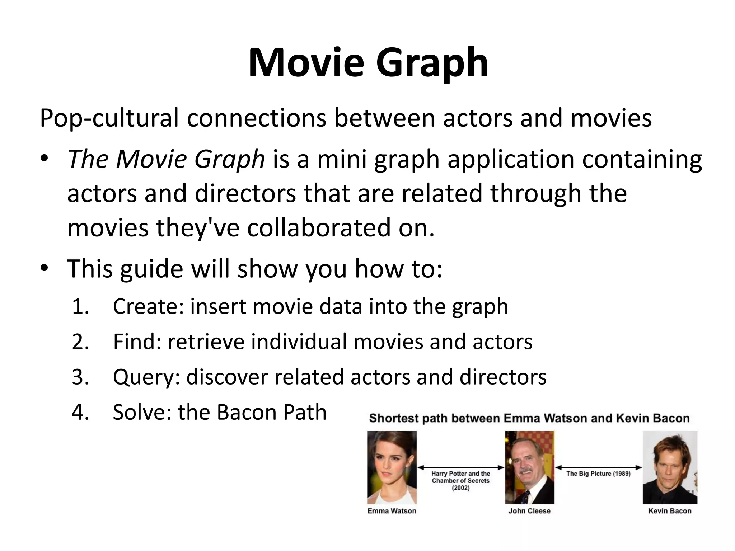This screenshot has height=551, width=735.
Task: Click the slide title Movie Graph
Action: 368,62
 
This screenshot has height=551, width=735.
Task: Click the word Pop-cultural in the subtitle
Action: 109,118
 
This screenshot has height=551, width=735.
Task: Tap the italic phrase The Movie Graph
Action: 166,159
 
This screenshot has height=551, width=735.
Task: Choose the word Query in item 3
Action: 146,377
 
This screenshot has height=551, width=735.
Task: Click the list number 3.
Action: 80,377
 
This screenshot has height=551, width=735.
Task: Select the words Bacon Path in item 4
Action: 272,412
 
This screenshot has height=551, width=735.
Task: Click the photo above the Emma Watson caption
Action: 392,467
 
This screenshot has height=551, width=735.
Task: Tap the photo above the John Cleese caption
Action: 529,467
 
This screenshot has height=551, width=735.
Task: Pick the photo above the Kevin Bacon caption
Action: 670,467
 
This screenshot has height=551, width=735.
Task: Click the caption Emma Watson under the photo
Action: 392,511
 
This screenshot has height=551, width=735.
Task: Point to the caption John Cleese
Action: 529,511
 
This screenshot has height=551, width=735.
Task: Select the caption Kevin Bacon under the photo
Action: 670,511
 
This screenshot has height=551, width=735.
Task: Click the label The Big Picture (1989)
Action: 598,474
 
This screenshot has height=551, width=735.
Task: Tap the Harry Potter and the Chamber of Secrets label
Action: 460,481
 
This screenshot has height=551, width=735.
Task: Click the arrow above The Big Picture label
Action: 598,467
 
